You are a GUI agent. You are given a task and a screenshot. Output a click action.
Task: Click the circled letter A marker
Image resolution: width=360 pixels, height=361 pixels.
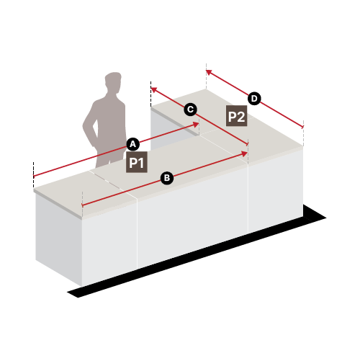132,144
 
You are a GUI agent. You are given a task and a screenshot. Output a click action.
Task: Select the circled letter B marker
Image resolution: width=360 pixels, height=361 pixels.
167,178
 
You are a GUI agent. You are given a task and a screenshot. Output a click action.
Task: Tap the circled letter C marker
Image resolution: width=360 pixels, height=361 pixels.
190,110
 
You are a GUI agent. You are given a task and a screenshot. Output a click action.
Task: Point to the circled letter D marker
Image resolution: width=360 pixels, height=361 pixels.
254,99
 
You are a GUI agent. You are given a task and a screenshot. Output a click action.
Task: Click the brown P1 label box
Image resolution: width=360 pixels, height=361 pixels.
137,162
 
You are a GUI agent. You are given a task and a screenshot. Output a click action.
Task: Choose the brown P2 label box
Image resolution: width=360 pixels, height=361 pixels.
237,116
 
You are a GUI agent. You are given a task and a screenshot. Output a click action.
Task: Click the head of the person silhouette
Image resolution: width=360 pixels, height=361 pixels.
113,81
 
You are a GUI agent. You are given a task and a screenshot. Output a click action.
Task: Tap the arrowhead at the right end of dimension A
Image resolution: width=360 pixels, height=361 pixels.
197,125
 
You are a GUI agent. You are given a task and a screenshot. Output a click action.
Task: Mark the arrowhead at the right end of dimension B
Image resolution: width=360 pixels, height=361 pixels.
245,153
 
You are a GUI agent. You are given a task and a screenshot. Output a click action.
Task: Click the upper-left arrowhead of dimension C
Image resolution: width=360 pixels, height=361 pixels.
154,89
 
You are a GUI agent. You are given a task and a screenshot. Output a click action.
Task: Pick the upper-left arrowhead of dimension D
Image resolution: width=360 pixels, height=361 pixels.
209,72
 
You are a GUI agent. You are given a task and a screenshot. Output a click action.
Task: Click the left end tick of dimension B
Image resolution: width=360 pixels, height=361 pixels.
82,205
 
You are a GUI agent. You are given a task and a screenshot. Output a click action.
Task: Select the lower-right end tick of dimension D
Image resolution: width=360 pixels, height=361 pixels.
303,127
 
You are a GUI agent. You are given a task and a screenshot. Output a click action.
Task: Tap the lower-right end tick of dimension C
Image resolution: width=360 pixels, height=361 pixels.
248,144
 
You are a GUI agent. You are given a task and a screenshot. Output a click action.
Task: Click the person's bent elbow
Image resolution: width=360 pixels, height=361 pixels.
84,126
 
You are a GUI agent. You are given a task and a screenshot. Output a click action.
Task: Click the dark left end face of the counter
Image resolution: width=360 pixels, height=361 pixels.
59,238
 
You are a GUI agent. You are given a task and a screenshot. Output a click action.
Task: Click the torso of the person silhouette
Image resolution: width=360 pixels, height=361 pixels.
111,120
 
